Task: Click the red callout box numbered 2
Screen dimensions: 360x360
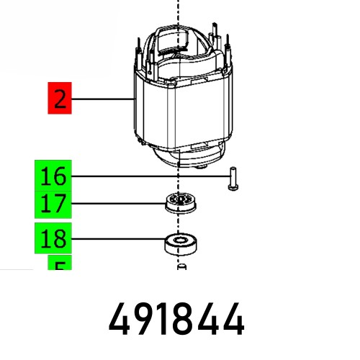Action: (x=60, y=98)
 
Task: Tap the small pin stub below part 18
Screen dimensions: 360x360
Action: (x=181, y=268)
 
